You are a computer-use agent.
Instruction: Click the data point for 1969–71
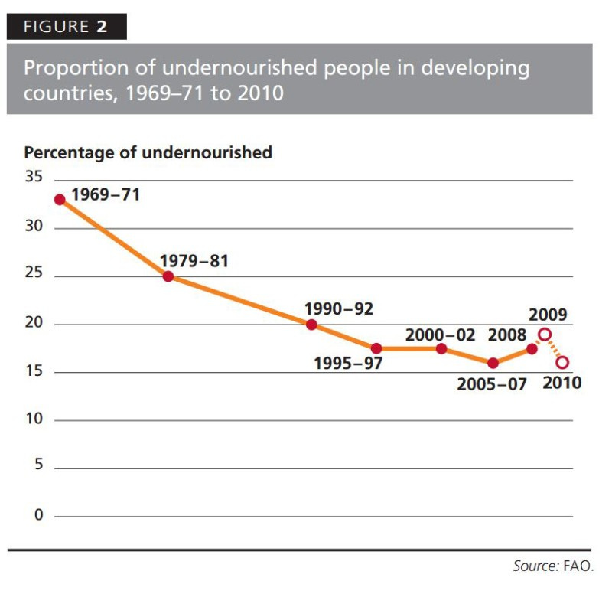pyautogui.click(x=60, y=200)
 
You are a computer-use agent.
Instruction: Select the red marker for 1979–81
pyautogui.click(x=168, y=276)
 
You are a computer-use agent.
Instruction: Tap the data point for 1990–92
pyautogui.click(x=311, y=325)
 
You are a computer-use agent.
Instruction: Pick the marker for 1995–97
pyautogui.click(x=376, y=349)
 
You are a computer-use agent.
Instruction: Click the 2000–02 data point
pyautogui.click(x=441, y=349)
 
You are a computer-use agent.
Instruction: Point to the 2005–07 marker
pyautogui.click(x=493, y=363)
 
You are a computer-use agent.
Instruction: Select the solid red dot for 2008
pyautogui.click(x=532, y=349)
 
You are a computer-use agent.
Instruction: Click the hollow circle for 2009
pyautogui.click(x=545, y=335)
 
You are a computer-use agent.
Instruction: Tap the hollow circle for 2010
pyautogui.click(x=562, y=363)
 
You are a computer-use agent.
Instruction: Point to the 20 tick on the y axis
pyautogui.click(x=33, y=324)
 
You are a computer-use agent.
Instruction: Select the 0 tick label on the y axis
pyautogui.click(x=37, y=515)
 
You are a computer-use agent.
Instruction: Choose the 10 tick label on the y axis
pyautogui.click(x=33, y=419)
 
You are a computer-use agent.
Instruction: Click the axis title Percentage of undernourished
pyautogui.click(x=148, y=152)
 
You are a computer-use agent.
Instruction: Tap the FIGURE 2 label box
pyautogui.click(x=67, y=27)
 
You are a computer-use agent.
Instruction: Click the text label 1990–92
pyautogui.click(x=339, y=309)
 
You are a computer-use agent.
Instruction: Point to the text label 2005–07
pyautogui.click(x=492, y=384)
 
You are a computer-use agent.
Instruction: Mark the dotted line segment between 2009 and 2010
pyautogui.click(x=554, y=349)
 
